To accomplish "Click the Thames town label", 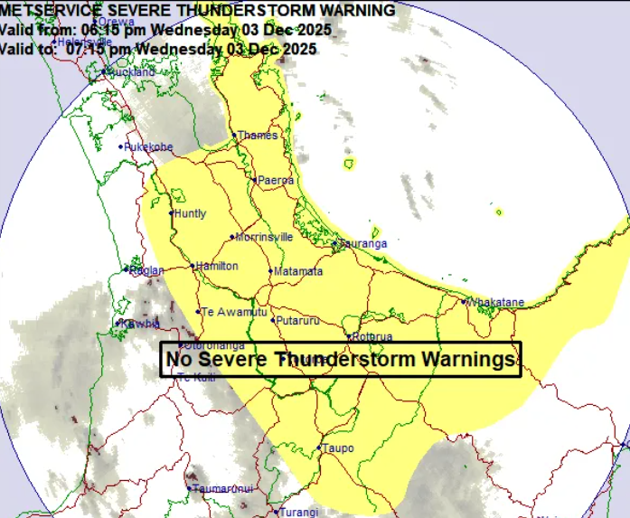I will (257, 136).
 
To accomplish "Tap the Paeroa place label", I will (276, 181).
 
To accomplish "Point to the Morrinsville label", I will (264, 237).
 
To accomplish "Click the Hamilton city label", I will (217, 266).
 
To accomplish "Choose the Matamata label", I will (297, 271).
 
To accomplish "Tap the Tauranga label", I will (362, 244).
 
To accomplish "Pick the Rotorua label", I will (372, 337).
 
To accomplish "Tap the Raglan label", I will (146, 270).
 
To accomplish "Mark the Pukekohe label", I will (148, 146).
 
